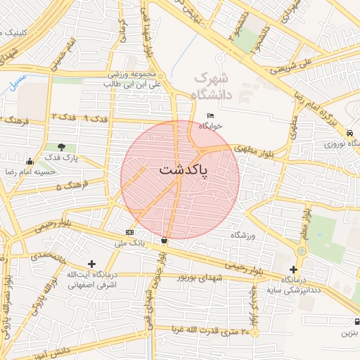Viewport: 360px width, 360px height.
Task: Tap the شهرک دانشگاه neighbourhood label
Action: (219, 84)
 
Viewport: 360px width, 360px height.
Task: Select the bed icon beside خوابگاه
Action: (209, 116)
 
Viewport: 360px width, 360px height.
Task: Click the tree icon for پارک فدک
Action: (62, 148)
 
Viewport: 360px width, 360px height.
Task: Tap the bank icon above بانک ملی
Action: (129, 232)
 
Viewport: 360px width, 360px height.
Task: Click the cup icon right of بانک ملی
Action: (164, 240)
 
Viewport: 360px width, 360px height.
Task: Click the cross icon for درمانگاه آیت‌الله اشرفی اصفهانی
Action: (91, 264)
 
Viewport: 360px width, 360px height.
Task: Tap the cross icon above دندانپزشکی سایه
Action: (293, 269)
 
